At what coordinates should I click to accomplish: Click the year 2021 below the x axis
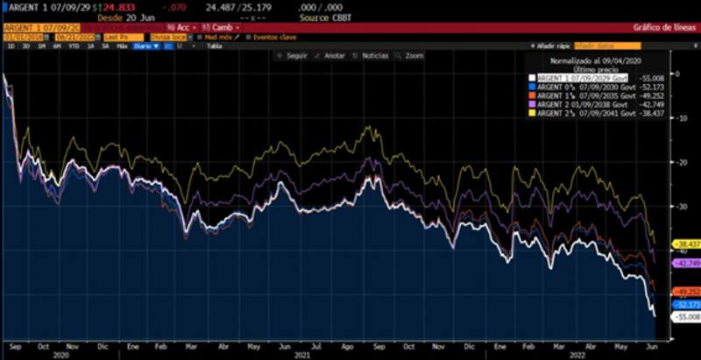tap(302, 355)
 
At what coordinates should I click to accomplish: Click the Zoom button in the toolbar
tap(413, 55)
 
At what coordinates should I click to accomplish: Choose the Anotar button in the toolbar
tap(334, 55)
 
